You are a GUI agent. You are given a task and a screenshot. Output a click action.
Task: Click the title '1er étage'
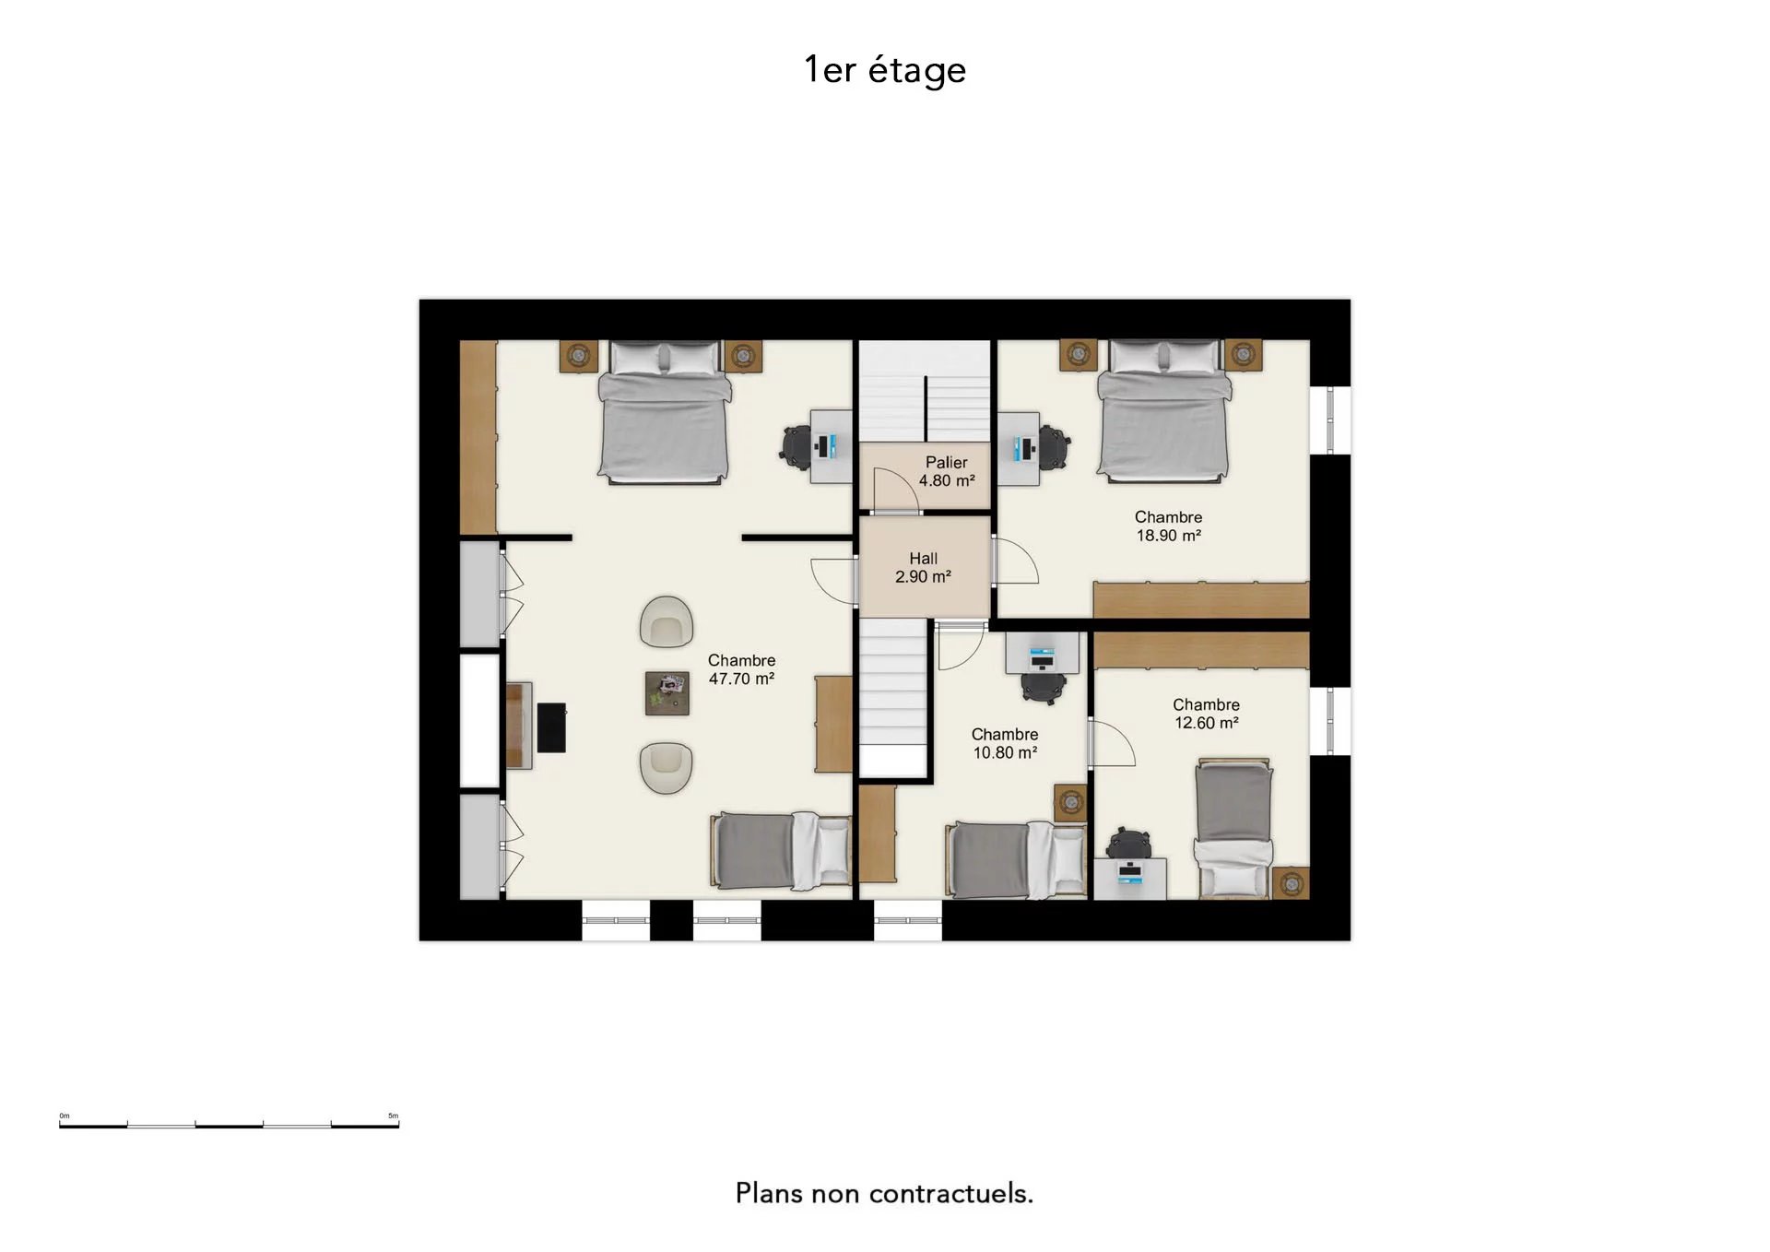(x=885, y=70)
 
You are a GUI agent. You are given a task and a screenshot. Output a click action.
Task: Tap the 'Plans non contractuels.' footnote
(x=884, y=1193)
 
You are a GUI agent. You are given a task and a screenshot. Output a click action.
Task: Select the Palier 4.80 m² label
(x=947, y=471)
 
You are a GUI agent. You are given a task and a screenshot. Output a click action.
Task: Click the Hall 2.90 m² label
(x=923, y=567)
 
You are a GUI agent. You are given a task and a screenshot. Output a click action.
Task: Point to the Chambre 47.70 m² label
(x=741, y=669)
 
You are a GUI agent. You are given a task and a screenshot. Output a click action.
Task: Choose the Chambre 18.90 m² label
(x=1168, y=526)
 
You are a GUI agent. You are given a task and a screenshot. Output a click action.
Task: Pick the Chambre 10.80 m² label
(x=1005, y=743)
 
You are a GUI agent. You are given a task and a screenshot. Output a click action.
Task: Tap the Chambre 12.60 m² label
(x=1206, y=714)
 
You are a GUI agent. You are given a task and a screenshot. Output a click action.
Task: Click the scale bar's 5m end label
(x=394, y=1116)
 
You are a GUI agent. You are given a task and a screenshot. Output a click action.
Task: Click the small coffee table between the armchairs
(x=667, y=693)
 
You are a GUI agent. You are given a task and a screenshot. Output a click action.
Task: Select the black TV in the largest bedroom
(x=551, y=727)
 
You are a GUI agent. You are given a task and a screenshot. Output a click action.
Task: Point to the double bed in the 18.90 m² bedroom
(x=1164, y=411)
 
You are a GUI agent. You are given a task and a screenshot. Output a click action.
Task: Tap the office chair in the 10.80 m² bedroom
(x=1043, y=685)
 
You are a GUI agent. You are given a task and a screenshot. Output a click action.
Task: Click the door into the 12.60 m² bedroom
(x=1112, y=743)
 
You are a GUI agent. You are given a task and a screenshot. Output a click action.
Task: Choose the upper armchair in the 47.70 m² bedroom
(x=666, y=621)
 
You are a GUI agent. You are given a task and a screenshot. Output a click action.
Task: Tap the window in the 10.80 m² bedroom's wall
(x=908, y=920)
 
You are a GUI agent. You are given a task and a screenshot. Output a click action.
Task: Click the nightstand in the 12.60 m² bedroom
(x=1291, y=883)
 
